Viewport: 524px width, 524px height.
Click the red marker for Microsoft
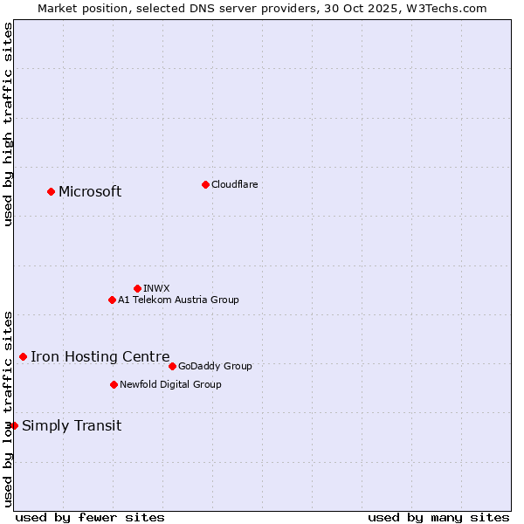click(51, 191)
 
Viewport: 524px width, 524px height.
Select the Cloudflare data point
click(205, 184)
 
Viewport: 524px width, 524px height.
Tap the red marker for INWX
click(137, 288)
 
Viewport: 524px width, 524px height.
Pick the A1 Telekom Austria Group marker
click(112, 300)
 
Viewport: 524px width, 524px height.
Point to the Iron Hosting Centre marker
click(23, 356)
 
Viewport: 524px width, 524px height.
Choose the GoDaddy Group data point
click(172, 366)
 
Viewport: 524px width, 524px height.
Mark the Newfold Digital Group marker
click(114, 384)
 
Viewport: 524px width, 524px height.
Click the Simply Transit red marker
click(14, 425)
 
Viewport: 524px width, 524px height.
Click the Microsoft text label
click(90, 192)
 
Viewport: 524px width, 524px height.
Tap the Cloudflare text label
click(235, 184)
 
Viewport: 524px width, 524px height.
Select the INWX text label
click(156, 288)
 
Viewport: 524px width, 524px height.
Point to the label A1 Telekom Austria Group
click(178, 300)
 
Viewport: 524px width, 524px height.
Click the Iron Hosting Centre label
click(100, 356)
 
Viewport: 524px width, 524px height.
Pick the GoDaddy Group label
click(215, 366)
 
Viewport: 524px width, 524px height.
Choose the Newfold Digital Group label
click(170, 384)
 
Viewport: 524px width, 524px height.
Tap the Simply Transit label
click(72, 426)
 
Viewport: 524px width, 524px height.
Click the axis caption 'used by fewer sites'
click(90, 517)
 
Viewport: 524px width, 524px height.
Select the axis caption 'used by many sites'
click(438, 517)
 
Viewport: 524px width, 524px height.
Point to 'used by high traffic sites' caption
click(8, 124)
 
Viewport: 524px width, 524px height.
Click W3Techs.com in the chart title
click(445, 8)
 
